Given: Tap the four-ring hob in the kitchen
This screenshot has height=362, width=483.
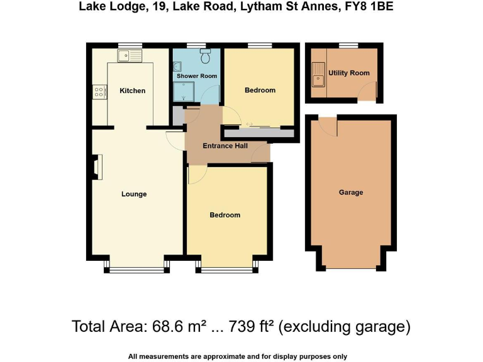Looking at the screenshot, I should [99, 92].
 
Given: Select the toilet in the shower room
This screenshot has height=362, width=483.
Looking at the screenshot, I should [205, 58].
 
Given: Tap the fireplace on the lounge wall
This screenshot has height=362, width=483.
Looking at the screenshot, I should [96, 168].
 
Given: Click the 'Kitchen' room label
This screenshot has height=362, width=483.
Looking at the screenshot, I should [132, 91].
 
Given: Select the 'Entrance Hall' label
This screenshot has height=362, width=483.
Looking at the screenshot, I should [225, 146].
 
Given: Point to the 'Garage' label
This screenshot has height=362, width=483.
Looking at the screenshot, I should [350, 192].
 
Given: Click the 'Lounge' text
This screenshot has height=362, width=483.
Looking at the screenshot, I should [134, 194].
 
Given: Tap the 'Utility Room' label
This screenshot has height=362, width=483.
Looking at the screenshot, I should [349, 74].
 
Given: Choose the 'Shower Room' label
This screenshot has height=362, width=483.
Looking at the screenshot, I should [196, 76].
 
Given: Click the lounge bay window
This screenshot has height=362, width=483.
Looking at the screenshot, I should [136, 269].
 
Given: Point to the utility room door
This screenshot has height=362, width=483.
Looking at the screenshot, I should [367, 94].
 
